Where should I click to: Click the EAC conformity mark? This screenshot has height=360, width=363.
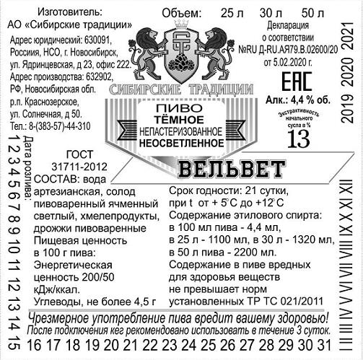click(297, 82)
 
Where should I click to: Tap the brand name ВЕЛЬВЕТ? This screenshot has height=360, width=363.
click(232, 169)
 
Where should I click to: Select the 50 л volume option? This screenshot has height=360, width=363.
click(312, 13)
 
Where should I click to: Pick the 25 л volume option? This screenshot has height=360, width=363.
click(232, 13)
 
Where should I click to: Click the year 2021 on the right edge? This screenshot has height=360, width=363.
click(347, 36)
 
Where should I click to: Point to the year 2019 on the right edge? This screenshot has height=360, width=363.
click(347, 109)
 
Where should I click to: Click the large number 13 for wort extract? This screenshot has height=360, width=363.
click(299, 139)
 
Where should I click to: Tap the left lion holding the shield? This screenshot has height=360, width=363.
click(146, 53)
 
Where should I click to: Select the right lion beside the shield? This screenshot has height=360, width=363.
click(216, 53)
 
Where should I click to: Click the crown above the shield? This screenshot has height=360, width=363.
click(181, 25)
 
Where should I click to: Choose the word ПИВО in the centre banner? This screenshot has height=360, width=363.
click(179, 108)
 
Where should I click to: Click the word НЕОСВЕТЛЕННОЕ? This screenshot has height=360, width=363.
click(181, 143)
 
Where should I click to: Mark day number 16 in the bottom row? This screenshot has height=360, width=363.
click(34, 345)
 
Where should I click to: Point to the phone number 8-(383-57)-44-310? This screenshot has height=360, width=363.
click(60, 126)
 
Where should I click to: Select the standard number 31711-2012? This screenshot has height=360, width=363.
click(79, 167)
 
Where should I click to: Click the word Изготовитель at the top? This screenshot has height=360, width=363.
click(70, 12)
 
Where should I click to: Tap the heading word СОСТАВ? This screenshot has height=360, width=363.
click(55, 179)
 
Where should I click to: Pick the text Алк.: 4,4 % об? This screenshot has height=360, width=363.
click(298, 100)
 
